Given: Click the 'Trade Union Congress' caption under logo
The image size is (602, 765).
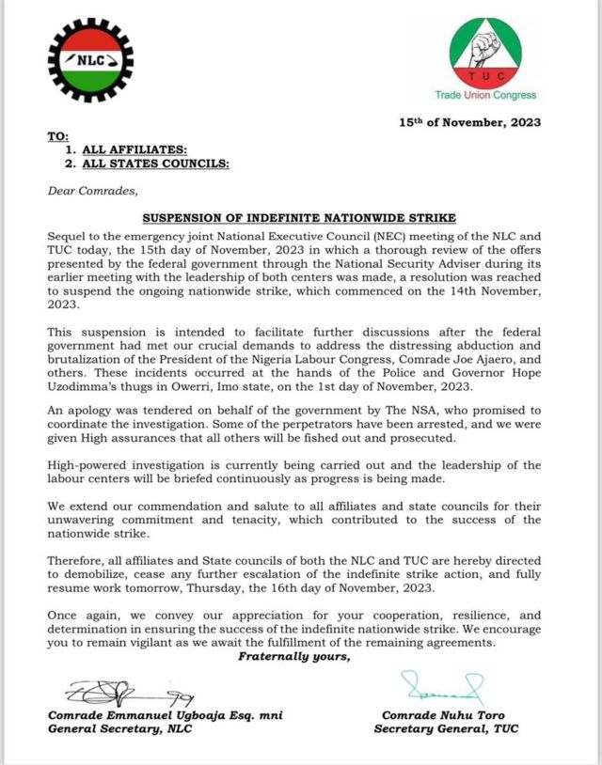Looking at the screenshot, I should tap(485, 95).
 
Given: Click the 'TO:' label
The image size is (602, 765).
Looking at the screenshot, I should tap(57, 137).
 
